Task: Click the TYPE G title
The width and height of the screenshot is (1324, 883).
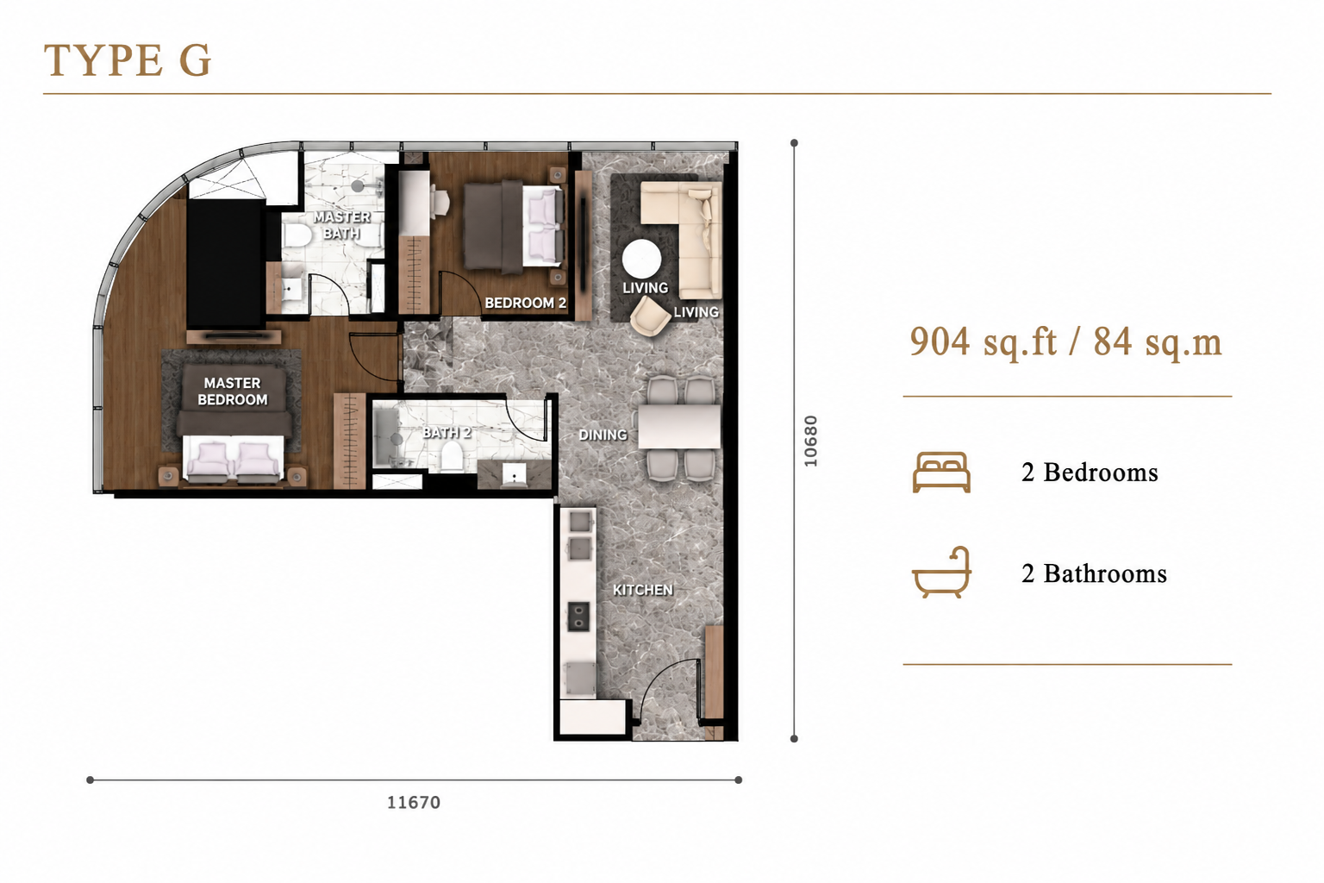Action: [x=127, y=60]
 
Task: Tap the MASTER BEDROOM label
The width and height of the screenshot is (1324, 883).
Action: [x=232, y=391]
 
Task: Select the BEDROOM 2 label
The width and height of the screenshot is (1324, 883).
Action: [x=526, y=303]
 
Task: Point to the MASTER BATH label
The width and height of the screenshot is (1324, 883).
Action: [x=341, y=225]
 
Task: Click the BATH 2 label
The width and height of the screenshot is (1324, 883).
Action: [x=447, y=433]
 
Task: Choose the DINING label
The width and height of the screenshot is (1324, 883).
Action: [x=603, y=435]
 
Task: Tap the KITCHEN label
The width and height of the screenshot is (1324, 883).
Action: [x=642, y=590]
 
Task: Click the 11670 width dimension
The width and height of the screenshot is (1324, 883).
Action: [x=414, y=803]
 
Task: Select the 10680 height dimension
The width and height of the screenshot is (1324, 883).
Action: [x=810, y=441]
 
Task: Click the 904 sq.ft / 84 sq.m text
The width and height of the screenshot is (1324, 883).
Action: [x=1065, y=342]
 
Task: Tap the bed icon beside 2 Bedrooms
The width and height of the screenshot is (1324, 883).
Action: [x=941, y=472]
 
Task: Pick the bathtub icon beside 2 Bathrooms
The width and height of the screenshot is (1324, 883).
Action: [x=941, y=572]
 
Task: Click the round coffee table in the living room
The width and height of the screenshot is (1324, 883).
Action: [x=642, y=259]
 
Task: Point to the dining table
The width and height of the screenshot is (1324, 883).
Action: [x=679, y=426]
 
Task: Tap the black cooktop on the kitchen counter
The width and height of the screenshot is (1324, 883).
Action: [x=578, y=617]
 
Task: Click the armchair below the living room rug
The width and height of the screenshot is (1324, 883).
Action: [x=650, y=316]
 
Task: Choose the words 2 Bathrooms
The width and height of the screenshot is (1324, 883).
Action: [x=1094, y=573]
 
